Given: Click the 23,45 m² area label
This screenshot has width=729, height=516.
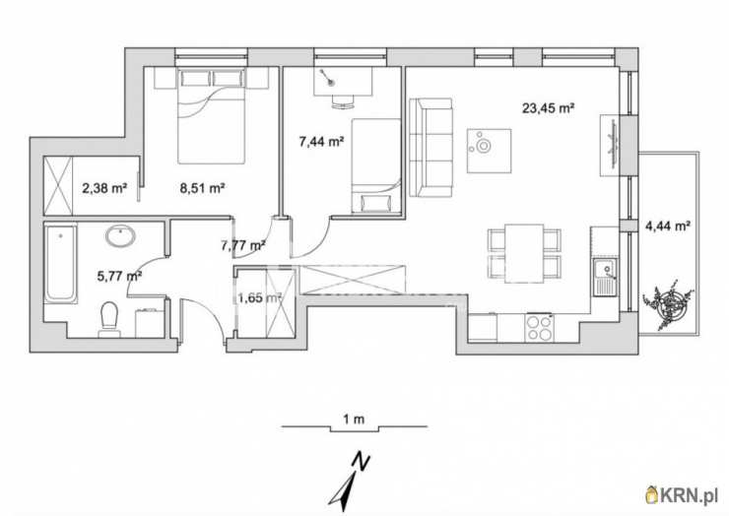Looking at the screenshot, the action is click(x=548, y=108).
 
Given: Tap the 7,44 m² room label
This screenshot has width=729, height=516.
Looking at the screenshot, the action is click(x=321, y=142).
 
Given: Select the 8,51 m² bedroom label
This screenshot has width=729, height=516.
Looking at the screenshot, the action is click(x=202, y=188).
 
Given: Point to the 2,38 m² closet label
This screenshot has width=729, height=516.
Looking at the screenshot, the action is click(x=104, y=188).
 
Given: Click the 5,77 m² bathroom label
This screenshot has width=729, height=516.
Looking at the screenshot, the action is click(x=119, y=276).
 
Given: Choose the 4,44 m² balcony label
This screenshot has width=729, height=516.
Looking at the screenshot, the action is click(x=667, y=226).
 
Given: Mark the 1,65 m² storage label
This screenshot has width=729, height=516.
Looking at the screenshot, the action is click(x=259, y=298).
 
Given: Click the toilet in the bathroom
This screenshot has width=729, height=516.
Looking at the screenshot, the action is click(x=109, y=319).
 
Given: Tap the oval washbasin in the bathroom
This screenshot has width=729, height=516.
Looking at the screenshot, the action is click(x=121, y=236).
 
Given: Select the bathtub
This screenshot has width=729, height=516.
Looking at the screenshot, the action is click(x=61, y=263).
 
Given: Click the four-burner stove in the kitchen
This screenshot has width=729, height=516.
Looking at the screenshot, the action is click(x=539, y=327).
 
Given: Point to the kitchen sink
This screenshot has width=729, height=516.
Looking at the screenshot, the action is click(x=605, y=277).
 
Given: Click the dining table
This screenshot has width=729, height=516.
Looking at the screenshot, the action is click(x=524, y=253).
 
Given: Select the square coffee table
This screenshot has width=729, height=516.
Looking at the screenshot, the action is click(x=489, y=151).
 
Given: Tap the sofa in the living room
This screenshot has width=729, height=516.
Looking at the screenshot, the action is click(x=431, y=148).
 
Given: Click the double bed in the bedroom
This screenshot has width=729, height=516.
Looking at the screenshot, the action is click(x=212, y=116).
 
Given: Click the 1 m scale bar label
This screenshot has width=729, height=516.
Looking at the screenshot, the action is click(x=354, y=419).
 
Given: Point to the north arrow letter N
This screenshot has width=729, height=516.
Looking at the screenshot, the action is click(x=361, y=461).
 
